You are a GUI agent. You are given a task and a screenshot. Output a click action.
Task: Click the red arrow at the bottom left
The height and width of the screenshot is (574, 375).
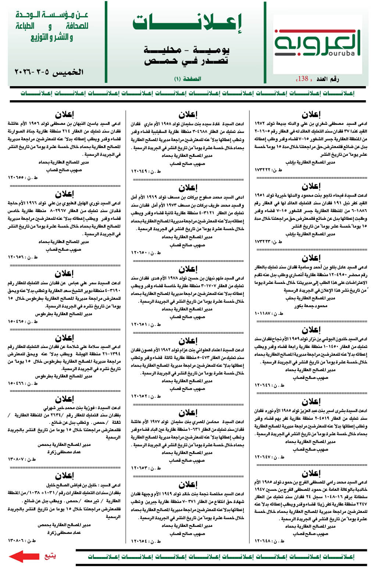click(24, 556)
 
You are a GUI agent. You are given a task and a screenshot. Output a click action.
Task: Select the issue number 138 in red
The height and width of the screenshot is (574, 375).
click(303, 78)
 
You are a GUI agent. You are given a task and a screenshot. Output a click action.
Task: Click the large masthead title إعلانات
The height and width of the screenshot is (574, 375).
click(187, 23)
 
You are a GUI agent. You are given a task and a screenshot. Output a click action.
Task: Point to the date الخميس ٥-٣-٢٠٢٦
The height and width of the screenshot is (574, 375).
click(49, 72)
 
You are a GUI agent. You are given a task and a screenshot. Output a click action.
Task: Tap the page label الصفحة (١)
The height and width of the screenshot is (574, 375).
click(187, 79)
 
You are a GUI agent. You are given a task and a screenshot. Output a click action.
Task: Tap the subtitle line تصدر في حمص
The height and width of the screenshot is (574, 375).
click(186, 60)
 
